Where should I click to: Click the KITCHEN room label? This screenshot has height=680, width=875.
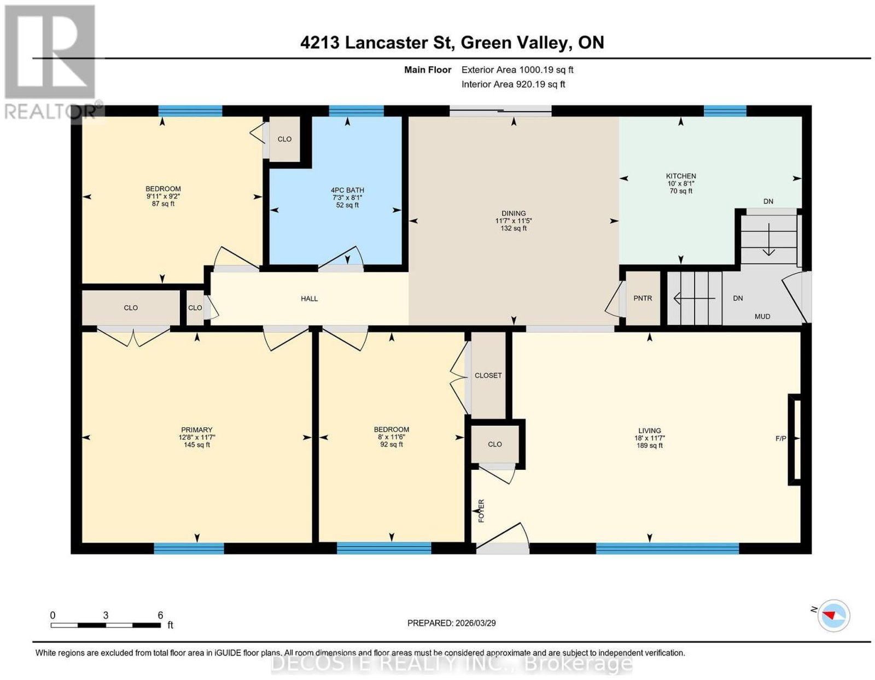[680, 176]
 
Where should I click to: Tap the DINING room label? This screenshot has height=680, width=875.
[514, 213]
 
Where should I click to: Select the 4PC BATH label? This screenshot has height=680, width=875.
[347, 190]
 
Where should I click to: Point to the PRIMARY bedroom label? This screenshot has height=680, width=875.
[196, 429]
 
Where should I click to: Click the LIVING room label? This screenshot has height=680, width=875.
[649, 431]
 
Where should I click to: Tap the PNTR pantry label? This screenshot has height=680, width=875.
[642, 298]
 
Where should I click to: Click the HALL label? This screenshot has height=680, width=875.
[309, 298]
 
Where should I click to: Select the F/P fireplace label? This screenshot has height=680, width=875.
[780, 438]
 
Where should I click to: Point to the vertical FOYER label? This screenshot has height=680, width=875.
[481, 511]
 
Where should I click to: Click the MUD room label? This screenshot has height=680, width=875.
[762, 316]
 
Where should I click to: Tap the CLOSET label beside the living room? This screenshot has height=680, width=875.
[488, 375]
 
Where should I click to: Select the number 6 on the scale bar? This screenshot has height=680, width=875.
[160, 615]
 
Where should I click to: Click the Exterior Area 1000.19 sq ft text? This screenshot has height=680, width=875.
[517, 69]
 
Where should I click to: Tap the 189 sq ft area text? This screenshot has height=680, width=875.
[649, 445]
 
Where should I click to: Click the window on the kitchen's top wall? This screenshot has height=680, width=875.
[725, 111]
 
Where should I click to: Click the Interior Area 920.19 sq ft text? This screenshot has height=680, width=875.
[513, 84]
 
